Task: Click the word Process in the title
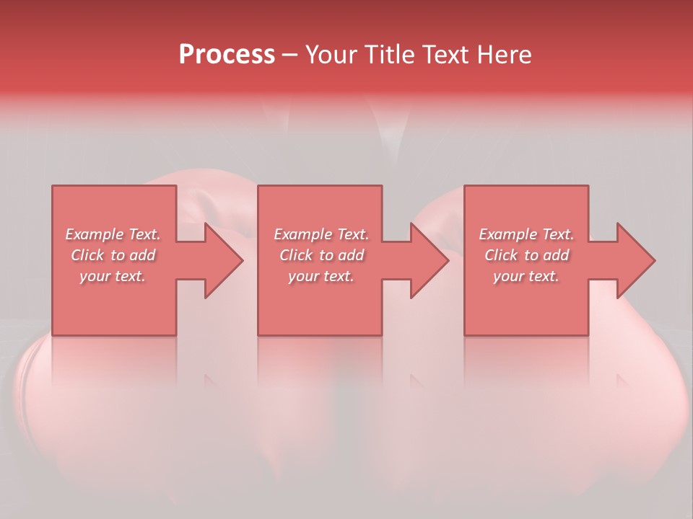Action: click(x=227, y=55)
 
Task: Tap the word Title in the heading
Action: click(x=388, y=55)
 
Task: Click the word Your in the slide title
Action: click(x=330, y=55)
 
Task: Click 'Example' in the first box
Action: click(x=94, y=234)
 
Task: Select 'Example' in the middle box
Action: click(x=302, y=234)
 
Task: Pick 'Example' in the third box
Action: click(x=507, y=234)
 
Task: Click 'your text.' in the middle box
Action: click(x=321, y=276)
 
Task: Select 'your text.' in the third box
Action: click(x=526, y=276)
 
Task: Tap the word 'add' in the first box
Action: click(x=142, y=255)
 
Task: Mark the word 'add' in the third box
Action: click(x=557, y=255)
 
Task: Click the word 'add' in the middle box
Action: click(x=352, y=255)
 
